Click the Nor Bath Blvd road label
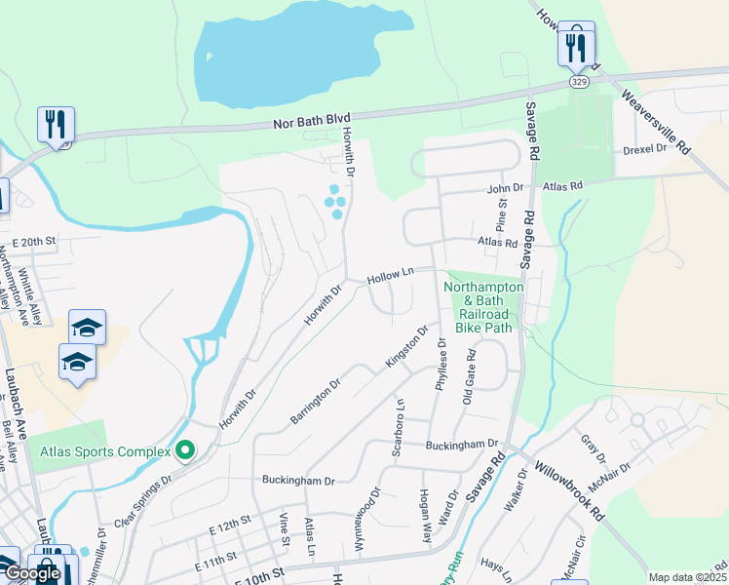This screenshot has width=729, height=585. (x=311, y=120)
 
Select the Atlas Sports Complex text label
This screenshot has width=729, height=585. (x=98, y=451)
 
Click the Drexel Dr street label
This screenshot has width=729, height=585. (x=645, y=149)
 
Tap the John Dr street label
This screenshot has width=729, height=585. (x=505, y=187)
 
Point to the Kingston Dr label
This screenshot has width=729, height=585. (x=406, y=347)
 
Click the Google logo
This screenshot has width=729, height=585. (x=31, y=574)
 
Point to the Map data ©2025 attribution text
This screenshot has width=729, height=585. (x=687, y=577)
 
